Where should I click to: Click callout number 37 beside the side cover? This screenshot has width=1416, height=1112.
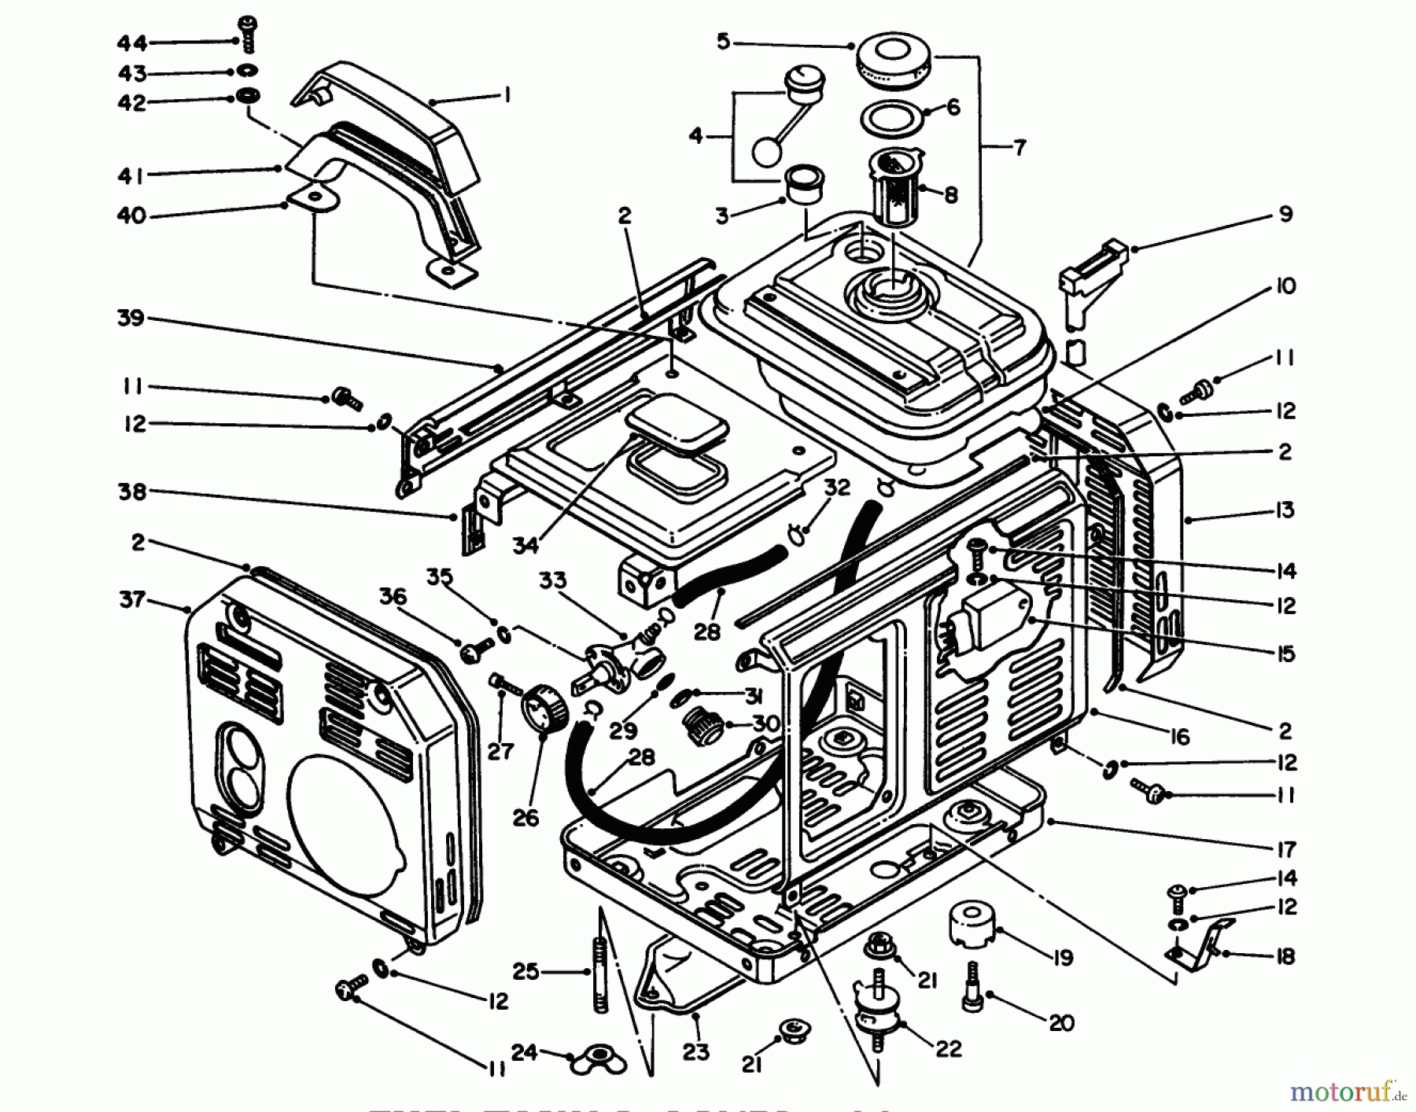coord(132,600)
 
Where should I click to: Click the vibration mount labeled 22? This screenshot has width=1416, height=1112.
coord(877,1014)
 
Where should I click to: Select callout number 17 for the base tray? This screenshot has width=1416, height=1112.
coord(1285,849)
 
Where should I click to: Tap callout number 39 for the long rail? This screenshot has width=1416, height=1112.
coord(131,318)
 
